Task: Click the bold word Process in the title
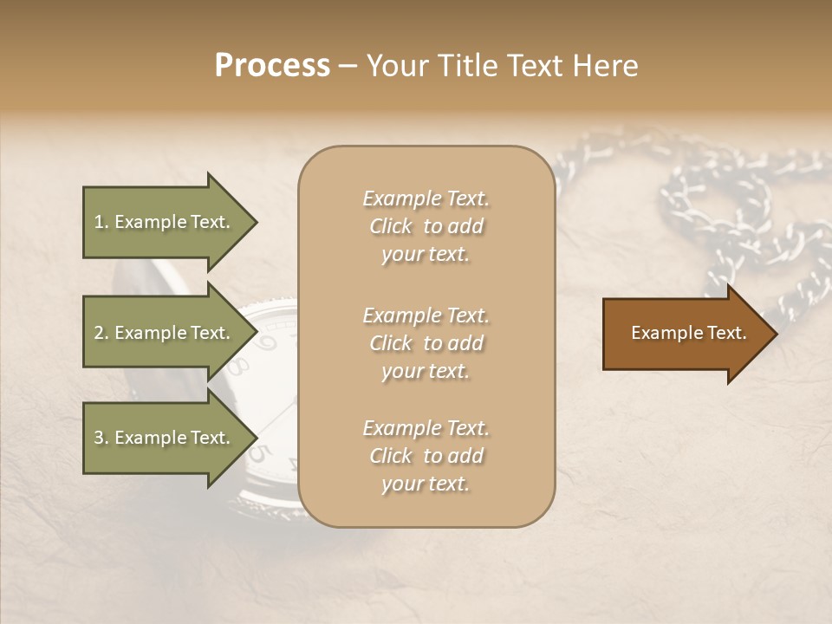(272, 66)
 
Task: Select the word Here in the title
(607, 66)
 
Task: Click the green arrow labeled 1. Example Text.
(165, 222)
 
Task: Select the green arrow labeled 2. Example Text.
(165, 333)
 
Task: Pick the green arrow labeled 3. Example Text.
(165, 438)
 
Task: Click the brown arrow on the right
(685, 334)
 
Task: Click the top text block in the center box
(426, 226)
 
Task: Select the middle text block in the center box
(426, 343)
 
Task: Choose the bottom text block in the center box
(426, 456)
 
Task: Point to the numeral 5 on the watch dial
(257, 453)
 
